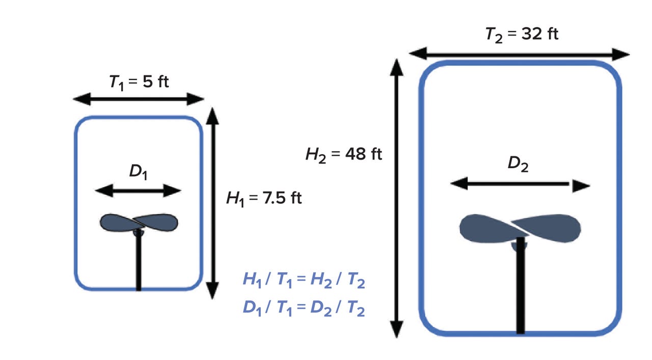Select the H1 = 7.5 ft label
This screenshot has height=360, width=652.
pyautogui.click(x=264, y=198)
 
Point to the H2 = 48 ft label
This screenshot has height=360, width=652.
pyautogui.click(x=343, y=154)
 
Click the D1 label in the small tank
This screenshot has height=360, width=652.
pyautogui.click(x=138, y=172)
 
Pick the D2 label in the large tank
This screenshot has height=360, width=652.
pyautogui.click(x=518, y=164)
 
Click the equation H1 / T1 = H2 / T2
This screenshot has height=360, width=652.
pyautogui.click(x=304, y=279)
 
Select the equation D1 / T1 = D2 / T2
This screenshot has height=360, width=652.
pyautogui.click(x=304, y=309)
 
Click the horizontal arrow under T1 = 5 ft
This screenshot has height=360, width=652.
pyautogui.click(x=139, y=99)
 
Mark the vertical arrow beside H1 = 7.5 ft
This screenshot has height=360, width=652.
pyautogui.click(x=213, y=204)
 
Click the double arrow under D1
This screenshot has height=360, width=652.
pyautogui.click(x=138, y=191)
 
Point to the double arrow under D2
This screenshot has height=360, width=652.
pyautogui.click(x=520, y=184)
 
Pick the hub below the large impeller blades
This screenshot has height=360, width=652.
pyautogui.click(x=520, y=246)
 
